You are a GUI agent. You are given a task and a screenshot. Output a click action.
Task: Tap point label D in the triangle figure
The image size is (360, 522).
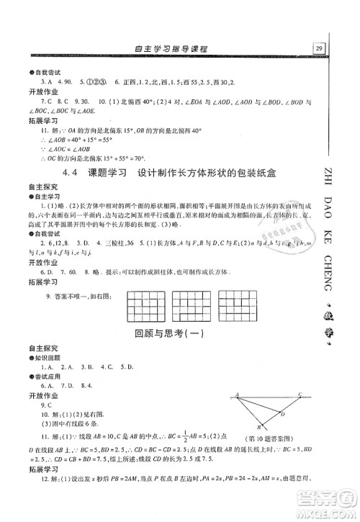pyautogui.click(x=283, y=414)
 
